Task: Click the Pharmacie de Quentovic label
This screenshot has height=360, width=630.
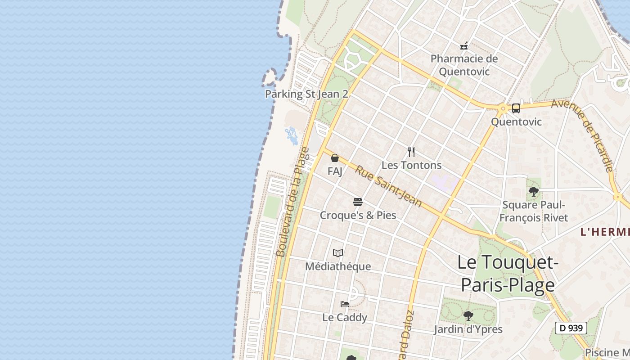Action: click(x=464, y=65)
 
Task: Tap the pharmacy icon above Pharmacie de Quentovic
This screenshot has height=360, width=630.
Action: click(x=464, y=46)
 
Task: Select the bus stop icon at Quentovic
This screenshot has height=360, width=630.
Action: click(x=516, y=108)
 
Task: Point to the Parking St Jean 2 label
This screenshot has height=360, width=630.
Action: click(x=306, y=94)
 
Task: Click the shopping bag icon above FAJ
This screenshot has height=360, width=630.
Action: click(x=335, y=158)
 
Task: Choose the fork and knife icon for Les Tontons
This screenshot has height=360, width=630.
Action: click(x=411, y=152)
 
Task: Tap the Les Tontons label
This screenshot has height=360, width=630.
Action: click(x=411, y=165)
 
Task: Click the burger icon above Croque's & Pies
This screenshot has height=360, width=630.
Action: click(x=358, y=202)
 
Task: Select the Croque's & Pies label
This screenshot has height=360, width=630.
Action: click(x=358, y=215)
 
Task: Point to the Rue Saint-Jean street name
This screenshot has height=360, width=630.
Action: click(x=388, y=186)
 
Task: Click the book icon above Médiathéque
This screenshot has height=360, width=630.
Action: click(x=338, y=253)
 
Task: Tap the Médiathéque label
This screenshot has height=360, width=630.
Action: click(x=338, y=266)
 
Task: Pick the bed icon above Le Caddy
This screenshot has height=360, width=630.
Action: click(x=345, y=304)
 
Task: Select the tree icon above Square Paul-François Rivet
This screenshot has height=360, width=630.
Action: click(x=534, y=192)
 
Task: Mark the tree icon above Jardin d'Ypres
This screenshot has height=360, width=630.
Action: click(x=468, y=315)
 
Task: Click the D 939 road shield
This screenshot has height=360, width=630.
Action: click(x=571, y=328)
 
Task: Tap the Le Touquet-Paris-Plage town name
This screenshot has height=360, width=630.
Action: click(x=508, y=273)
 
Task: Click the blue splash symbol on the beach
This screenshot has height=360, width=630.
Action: click(x=292, y=136)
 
